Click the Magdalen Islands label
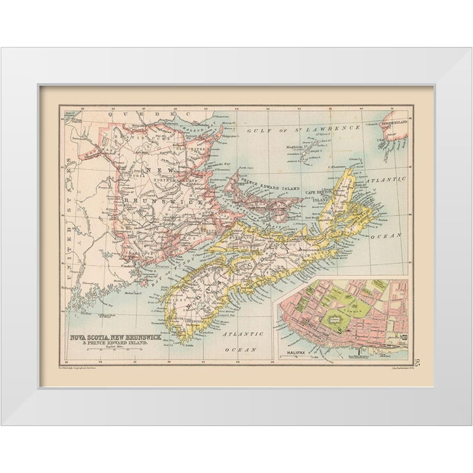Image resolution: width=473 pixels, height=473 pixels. click(x=297, y=147)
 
